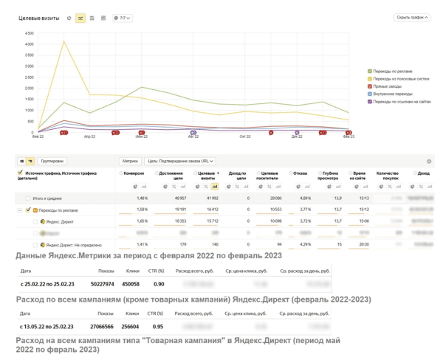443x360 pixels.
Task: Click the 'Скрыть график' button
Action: pyautogui.click(x=412, y=18)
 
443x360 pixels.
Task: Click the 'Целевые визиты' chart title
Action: pyautogui.click(x=39, y=18)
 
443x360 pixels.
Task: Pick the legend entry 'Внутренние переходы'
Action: pyautogui.click(x=391, y=94)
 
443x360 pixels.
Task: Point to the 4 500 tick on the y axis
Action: pyautogui.click(x=30, y=34)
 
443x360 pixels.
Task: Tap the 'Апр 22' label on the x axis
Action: pyautogui.click(x=89, y=136)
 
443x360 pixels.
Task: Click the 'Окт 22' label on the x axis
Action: pyautogui.click(x=245, y=136)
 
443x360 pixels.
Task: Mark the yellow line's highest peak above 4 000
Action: pyautogui.click(x=64, y=41)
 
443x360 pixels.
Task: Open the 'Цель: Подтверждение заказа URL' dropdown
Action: pyautogui.click(x=180, y=161)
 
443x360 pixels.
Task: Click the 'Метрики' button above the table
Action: pyautogui.click(x=130, y=161)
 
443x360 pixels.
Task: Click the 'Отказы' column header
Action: pyautogui.click(x=300, y=173)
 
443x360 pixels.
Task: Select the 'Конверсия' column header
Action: pyautogui.click(x=134, y=173)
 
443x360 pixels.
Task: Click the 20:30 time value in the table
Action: pyautogui.click(x=363, y=245)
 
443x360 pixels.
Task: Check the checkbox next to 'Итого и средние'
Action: pyautogui.click(x=27, y=198)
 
